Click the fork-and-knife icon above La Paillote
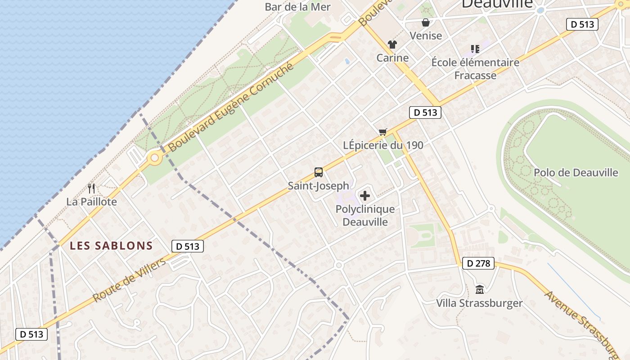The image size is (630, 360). click(x=91, y=188)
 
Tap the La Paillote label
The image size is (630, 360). click(x=91, y=202)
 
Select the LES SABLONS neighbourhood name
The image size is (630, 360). click(x=112, y=246)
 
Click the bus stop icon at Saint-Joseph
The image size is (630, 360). click(x=319, y=172)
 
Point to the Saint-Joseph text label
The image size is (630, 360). click(x=319, y=185)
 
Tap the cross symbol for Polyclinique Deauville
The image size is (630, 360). click(x=365, y=196)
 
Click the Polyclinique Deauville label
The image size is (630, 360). click(x=365, y=216)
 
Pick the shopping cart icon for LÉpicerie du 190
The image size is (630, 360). click(x=382, y=132)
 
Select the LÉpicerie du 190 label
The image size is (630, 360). click(x=383, y=145)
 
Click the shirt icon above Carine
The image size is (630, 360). click(x=392, y=45)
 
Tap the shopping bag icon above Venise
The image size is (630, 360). click(x=425, y=22)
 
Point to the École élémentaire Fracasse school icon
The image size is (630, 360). click(x=475, y=49)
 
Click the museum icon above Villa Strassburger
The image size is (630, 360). click(x=479, y=289)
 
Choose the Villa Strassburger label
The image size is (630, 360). click(x=479, y=303)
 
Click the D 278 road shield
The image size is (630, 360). click(x=478, y=263)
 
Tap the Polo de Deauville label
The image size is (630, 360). click(x=576, y=172)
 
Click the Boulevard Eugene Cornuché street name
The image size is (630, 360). click(x=231, y=107)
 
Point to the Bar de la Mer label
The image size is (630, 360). click(x=297, y=7)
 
